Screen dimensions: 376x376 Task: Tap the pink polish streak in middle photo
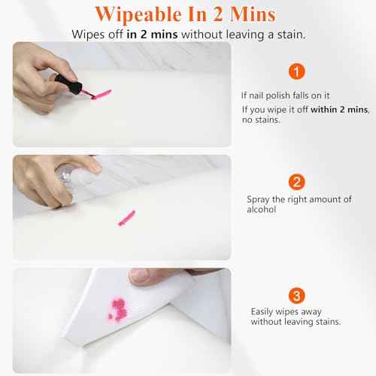(126, 217)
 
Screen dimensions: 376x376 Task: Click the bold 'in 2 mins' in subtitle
(154, 35)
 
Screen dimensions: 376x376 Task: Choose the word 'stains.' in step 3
(326, 322)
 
